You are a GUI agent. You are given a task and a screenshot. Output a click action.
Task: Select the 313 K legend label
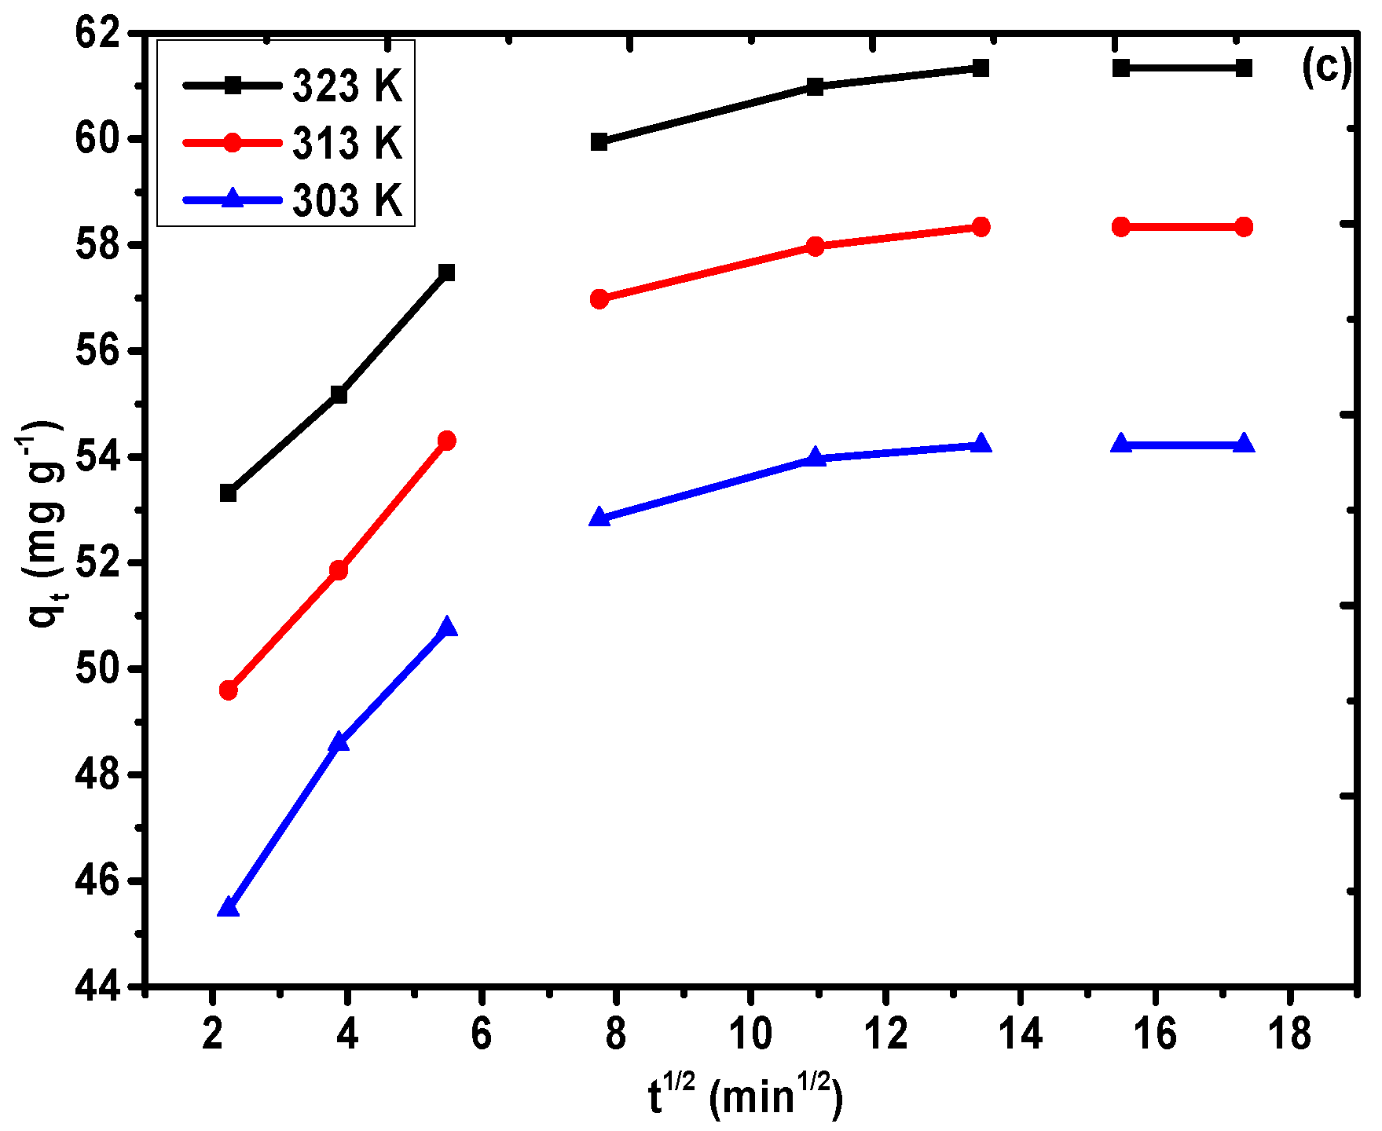click(346, 143)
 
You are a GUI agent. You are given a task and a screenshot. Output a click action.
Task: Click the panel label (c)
click(1326, 68)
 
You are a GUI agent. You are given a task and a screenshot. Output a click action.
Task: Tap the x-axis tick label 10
click(750, 1034)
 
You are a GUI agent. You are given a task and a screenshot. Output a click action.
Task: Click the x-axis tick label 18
click(1289, 1034)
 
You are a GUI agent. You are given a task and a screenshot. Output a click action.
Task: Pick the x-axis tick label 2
click(212, 1034)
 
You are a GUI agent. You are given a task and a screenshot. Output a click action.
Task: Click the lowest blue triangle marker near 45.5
click(228, 907)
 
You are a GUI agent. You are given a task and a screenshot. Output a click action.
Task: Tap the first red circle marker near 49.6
click(229, 690)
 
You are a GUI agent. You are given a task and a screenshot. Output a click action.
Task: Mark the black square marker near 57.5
click(447, 273)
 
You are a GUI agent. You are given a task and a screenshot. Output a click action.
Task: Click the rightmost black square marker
click(1244, 68)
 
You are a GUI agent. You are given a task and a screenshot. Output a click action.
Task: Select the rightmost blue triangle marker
click(1244, 444)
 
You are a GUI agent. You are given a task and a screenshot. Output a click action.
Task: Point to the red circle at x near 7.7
click(599, 298)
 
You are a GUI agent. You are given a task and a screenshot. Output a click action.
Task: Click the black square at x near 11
click(816, 86)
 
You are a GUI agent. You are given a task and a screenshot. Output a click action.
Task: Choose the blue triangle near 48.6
click(339, 741)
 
